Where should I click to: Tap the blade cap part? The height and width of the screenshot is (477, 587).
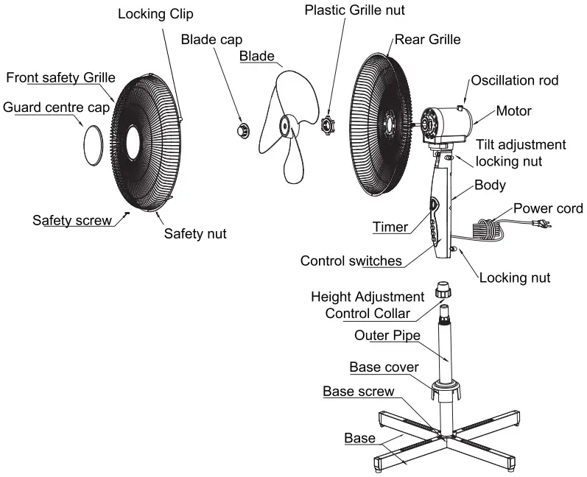coord(242,130)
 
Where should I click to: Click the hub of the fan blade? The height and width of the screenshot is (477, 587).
coord(284,127)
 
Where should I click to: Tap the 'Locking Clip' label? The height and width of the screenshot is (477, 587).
coord(155,15)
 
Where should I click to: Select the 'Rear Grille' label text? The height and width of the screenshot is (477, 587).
coord(428,39)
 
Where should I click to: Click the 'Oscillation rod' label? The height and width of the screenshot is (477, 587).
coord(515,80)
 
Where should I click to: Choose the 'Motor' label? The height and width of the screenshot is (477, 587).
coord(513,111)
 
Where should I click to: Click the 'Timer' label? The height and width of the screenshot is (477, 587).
coord(390,227)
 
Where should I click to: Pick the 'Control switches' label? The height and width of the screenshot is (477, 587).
coord(351,261)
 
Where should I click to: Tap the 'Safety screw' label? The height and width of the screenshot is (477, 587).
coord(72,220)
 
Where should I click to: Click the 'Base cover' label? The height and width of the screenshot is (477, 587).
coord(384,367)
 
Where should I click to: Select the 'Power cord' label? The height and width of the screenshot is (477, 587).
coord(548,208)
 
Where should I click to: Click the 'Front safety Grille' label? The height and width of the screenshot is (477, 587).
coord(60,77)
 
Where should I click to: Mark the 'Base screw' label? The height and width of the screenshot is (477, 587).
coord(359,391)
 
